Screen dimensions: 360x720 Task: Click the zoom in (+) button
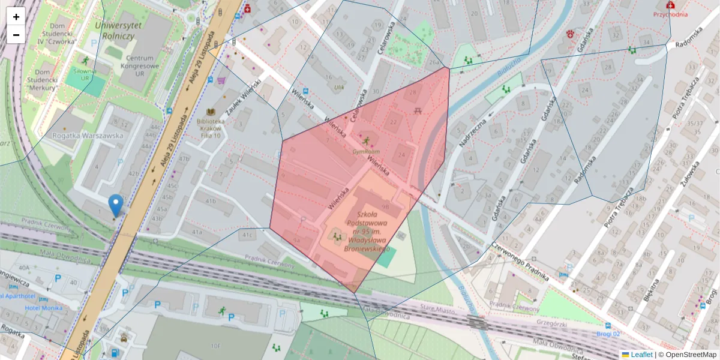tap(16, 17)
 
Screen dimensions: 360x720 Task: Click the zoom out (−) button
tap(16, 35)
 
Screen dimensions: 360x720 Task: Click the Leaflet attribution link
tap(641, 355)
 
